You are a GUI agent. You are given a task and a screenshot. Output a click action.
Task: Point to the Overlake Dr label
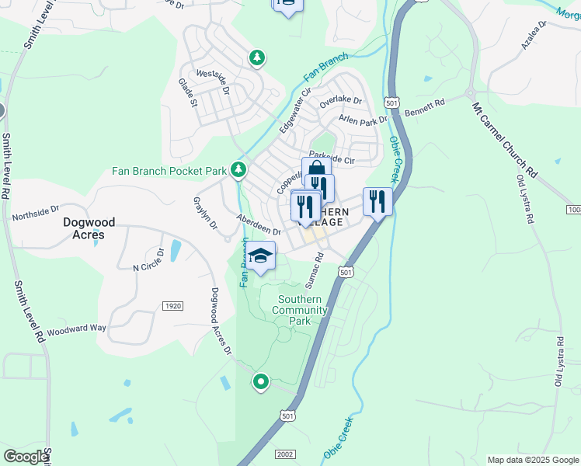tap(341, 101)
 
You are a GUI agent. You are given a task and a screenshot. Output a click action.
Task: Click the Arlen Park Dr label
tap(363, 120)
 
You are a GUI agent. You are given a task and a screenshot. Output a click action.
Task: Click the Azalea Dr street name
tap(534, 36)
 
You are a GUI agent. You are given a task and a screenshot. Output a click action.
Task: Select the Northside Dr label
tap(36, 210)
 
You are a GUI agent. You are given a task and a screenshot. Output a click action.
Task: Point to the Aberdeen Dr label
tap(259, 226)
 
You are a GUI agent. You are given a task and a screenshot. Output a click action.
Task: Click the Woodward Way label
tap(76, 329)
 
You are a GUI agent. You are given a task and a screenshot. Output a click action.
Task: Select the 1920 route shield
tap(172, 306)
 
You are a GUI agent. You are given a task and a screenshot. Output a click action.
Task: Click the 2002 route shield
tap(284, 453)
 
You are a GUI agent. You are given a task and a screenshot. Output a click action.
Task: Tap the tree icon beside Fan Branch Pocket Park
tap(239, 169)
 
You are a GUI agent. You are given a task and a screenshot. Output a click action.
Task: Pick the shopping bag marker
tap(316, 170)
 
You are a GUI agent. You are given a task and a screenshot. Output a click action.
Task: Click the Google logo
tap(26, 457)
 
